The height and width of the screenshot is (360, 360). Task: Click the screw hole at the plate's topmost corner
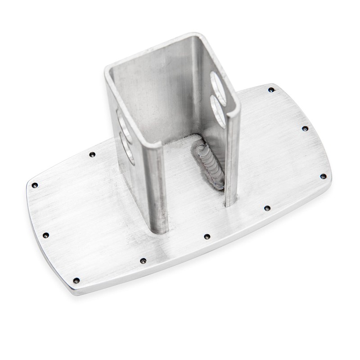click(x=270, y=90)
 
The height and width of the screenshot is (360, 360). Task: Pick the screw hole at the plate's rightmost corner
click(x=323, y=176)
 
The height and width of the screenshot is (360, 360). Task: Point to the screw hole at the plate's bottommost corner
click(x=76, y=280)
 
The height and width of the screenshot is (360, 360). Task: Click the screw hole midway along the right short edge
click(x=305, y=129)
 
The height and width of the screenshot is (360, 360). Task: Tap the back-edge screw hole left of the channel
click(x=92, y=154)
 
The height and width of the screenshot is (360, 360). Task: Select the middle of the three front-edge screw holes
click(x=207, y=236)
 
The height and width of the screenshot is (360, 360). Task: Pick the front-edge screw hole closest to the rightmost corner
click(x=266, y=208)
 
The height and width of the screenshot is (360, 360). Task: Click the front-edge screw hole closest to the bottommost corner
click(x=143, y=261)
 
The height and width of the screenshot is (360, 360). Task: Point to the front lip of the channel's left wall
click(x=157, y=189)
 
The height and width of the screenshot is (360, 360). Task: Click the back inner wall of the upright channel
click(x=166, y=90)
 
